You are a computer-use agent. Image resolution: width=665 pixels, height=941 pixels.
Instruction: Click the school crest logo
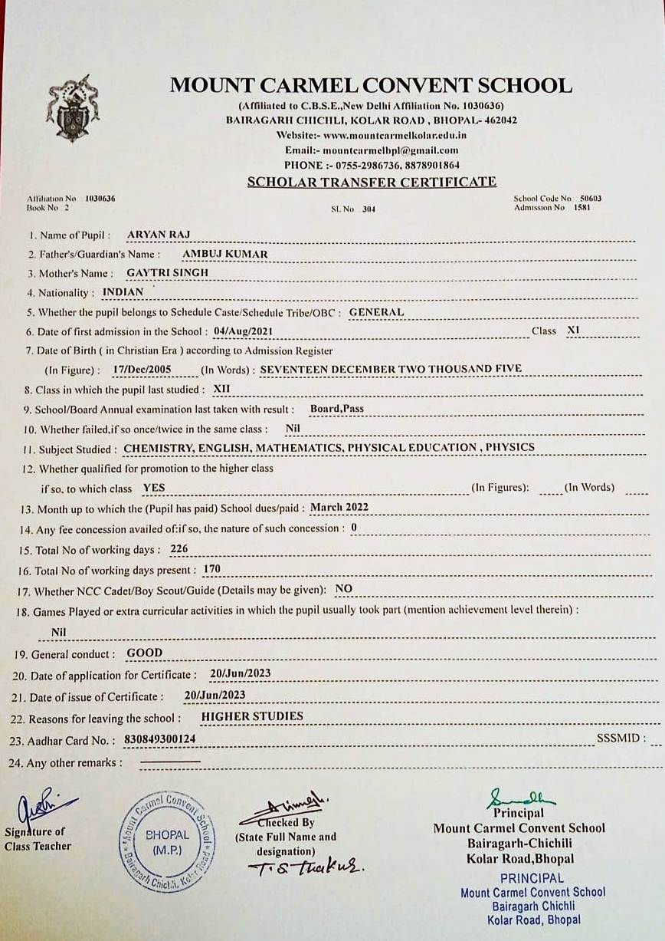click(x=73, y=108)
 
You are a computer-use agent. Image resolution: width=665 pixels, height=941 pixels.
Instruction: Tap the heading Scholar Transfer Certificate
click(x=372, y=182)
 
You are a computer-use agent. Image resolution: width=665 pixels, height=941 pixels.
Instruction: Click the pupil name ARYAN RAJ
click(x=159, y=234)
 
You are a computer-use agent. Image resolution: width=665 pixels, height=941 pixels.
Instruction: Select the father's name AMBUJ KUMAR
click(x=225, y=253)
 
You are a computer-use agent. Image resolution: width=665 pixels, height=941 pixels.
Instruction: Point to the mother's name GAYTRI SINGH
click(x=167, y=272)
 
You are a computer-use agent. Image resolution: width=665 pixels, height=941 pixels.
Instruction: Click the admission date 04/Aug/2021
click(x=243, y=331)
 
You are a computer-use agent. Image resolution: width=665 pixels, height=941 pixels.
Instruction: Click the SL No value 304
click(x=369, y=209)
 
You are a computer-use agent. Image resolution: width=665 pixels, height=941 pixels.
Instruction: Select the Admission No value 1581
click(x=584, y=207)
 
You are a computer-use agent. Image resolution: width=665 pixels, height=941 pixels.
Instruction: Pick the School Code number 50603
click(x=591, y=199)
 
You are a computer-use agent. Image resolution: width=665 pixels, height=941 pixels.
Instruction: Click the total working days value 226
click(x=179, y=549)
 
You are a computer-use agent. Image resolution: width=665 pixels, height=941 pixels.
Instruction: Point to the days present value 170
click(x=212, y=569)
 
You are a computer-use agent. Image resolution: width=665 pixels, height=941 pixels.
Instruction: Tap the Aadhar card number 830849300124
click(x=159, y=739)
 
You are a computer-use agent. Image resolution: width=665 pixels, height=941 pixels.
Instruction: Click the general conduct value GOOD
click(x=145, y=653)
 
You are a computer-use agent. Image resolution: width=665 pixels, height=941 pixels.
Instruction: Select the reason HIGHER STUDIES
click(x=252, y=716)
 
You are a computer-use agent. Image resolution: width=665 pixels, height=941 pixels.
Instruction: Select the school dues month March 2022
click(x=339, y=507)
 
